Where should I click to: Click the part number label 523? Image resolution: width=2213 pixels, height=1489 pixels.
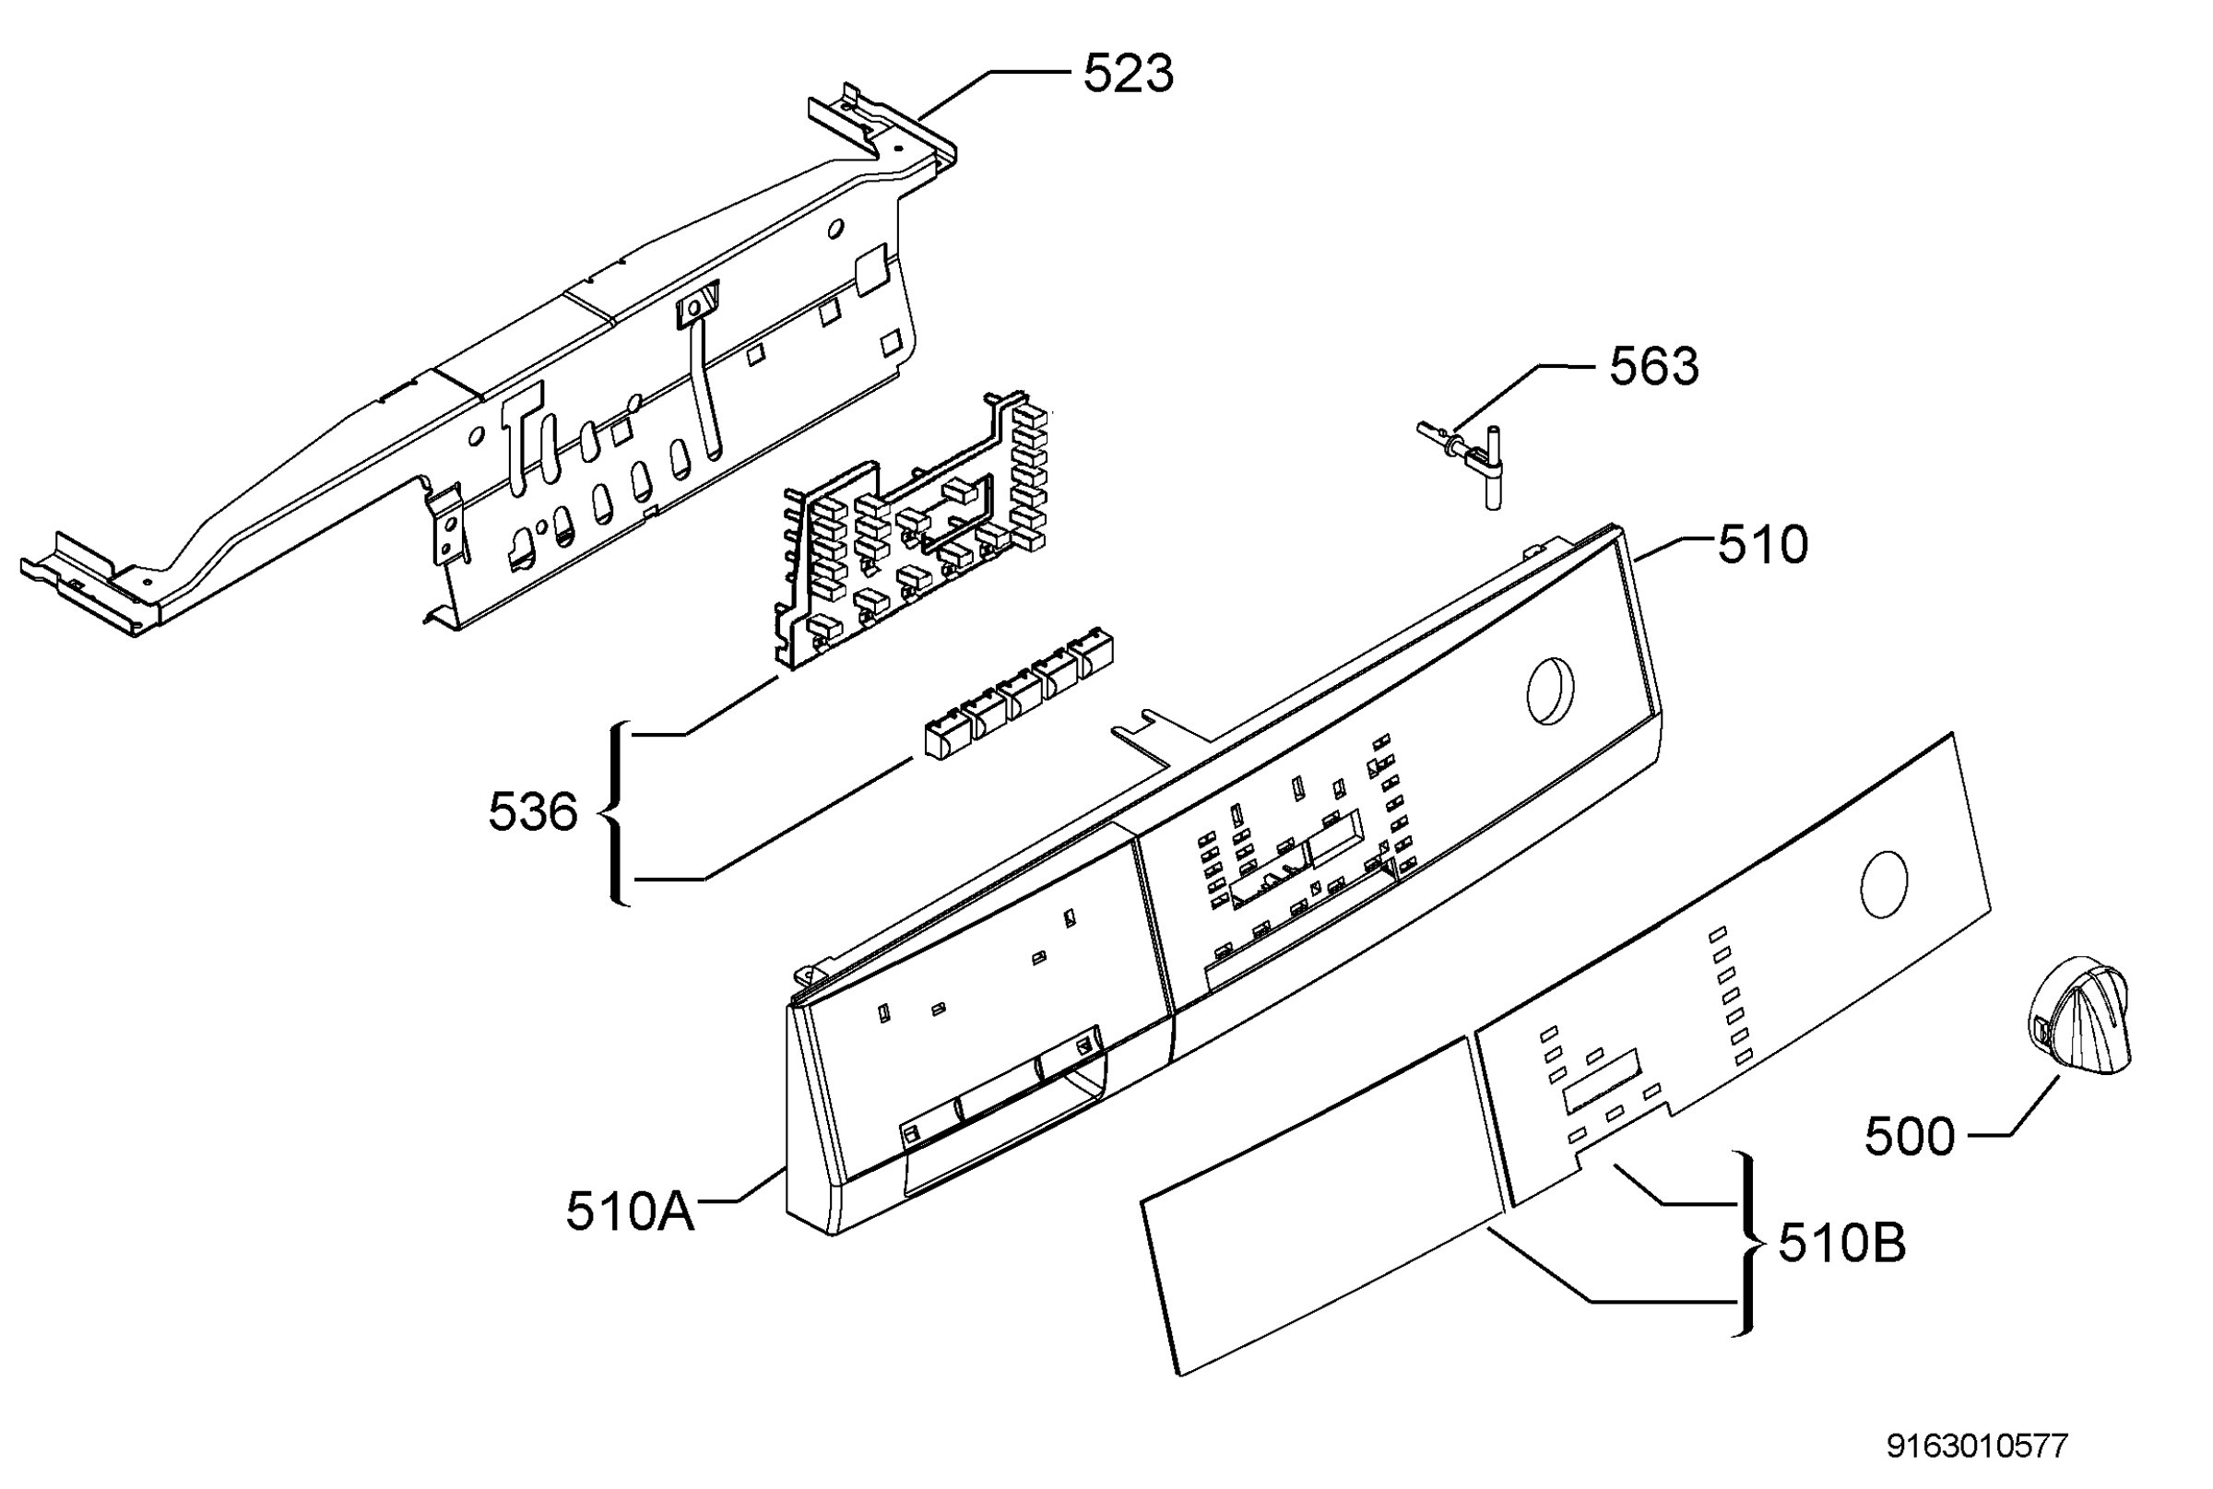point(1129,73)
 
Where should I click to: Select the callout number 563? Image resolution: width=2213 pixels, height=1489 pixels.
point(1653,367)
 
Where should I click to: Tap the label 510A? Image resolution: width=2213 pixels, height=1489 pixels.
point(630,1211)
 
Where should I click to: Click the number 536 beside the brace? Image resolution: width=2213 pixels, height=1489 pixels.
point(533,812)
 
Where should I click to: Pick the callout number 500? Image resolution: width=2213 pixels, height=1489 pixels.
point(1910,1136)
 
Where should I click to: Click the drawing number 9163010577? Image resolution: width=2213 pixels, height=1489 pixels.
point(1977,1447)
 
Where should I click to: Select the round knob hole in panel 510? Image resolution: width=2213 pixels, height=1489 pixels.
point(1550,691)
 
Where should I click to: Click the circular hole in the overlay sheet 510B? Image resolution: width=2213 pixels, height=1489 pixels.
point(1885,884)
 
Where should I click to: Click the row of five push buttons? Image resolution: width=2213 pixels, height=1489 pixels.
point(1018,692)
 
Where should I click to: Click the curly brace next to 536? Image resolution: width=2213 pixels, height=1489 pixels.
point(618,813)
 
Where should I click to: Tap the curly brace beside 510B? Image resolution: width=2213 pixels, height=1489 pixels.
point(1746,1243)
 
